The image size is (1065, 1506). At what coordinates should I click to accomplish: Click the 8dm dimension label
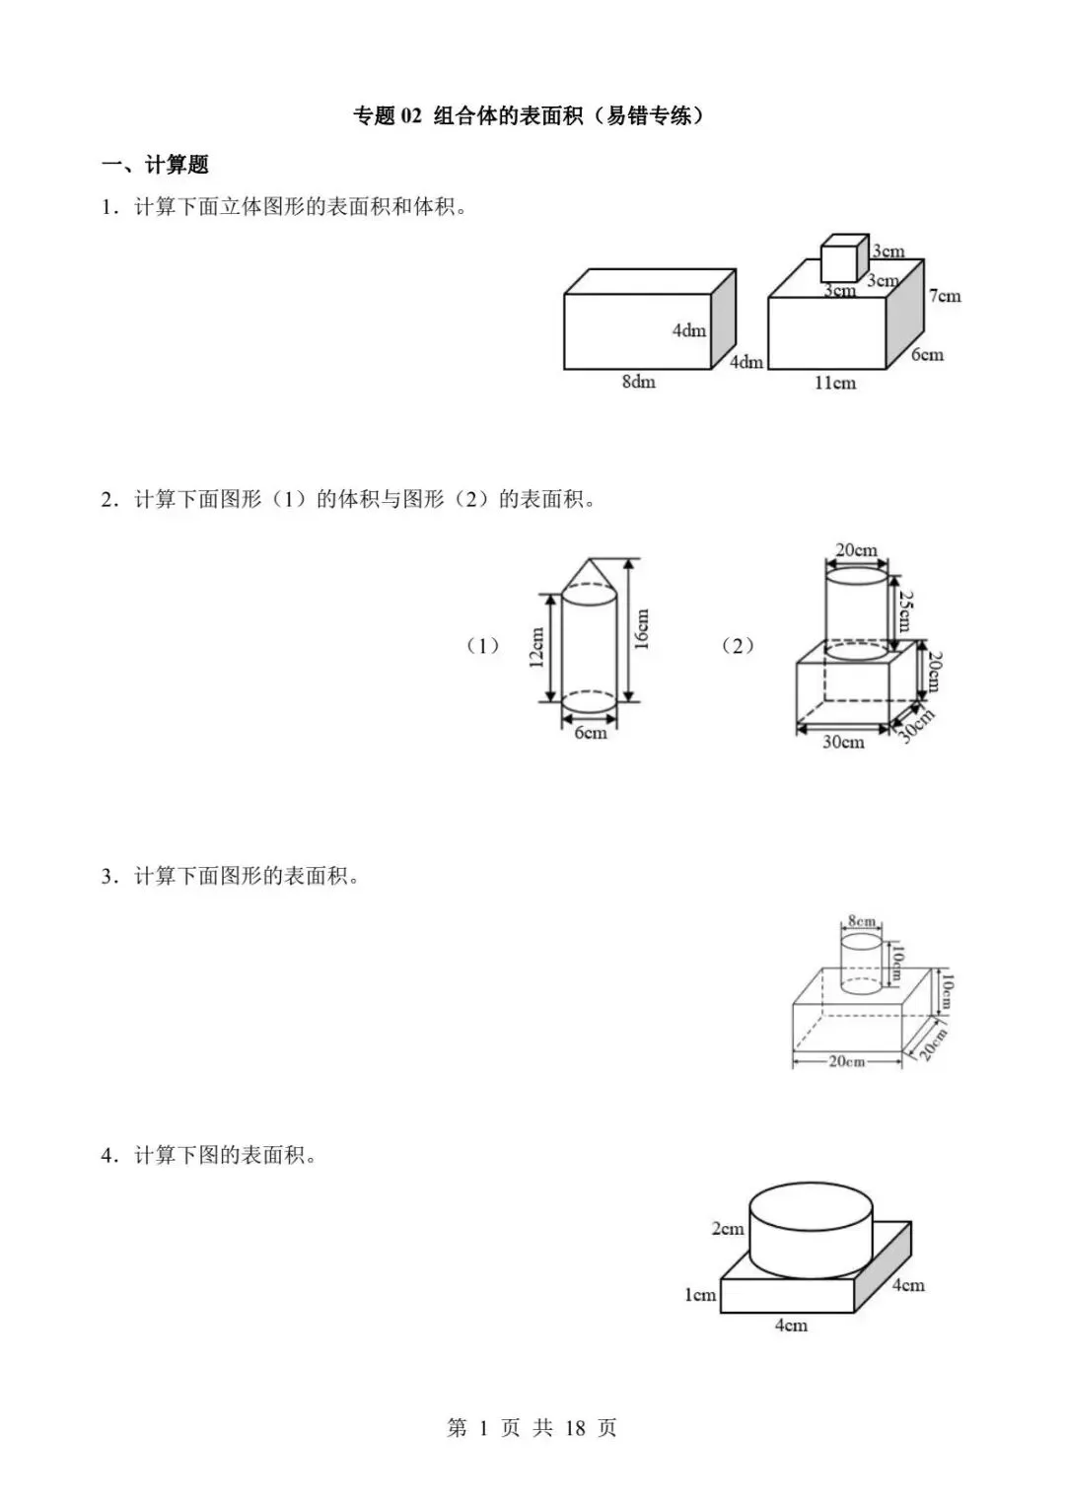(x=638, y=382)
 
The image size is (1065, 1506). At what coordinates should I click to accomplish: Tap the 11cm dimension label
(x=834, y=383)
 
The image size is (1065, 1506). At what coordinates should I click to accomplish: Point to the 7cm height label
(x=944, y=295)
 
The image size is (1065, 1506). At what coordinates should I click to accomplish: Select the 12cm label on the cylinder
(x=537, y=648)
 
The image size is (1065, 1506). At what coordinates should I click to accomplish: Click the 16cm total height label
(x=642, y=629)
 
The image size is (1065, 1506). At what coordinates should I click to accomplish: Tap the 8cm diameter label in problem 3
(x=862, y=922)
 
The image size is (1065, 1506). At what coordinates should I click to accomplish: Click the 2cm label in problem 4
(x=728, y=1229)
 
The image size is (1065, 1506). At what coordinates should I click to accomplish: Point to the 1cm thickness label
(x=700, y=1295)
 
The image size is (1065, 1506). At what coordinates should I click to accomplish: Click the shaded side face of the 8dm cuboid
(x=724, y=318)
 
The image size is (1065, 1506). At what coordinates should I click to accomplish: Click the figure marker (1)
(x=483, y=646)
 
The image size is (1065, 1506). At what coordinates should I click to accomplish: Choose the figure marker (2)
(x=738, y=646)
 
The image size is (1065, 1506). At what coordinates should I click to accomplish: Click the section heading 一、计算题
(x=156, y=165)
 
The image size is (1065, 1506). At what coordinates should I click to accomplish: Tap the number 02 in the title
(x=410, y=116)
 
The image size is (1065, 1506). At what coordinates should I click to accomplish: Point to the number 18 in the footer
(x=577, y=1428)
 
